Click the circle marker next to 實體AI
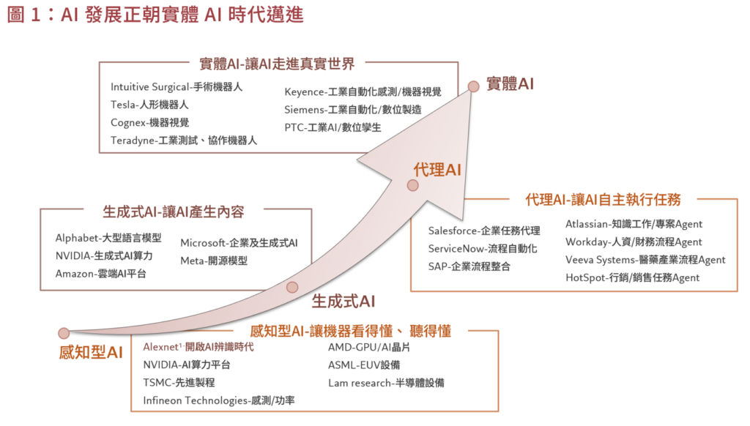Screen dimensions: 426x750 coord(474,86)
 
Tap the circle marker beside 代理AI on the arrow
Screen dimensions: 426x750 coord(412,185)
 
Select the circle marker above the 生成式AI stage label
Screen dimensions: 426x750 coord(293,287)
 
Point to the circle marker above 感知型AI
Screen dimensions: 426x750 coord(64,333)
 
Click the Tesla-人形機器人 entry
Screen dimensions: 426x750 coord(149,104)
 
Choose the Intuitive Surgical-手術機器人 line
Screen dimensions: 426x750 coord(177,86)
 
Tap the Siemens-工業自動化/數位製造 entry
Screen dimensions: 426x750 coord(352,109)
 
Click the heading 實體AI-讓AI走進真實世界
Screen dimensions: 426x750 coord(282,64)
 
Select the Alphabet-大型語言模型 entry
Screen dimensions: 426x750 coord(108,239)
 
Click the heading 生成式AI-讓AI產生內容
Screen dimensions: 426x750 coord(174,212)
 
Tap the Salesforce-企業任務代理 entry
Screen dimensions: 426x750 coord(484,231)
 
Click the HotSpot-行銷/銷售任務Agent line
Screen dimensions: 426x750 coord(632,277)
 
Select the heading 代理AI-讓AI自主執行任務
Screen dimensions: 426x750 coord(603,199)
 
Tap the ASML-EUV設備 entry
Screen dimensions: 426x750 coord(364,365)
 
